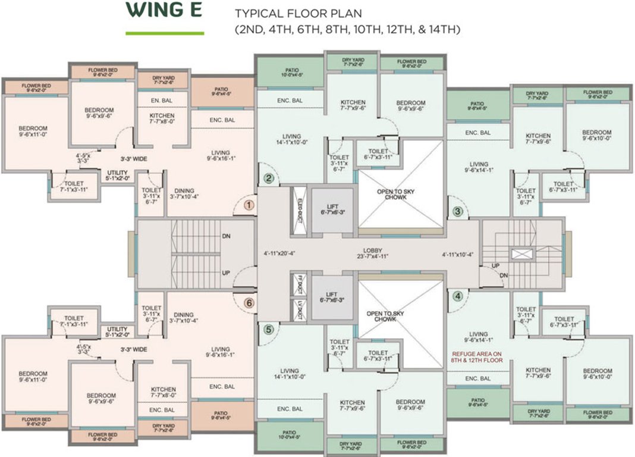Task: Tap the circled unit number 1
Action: point(249,205)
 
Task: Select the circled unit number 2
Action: point(268,178)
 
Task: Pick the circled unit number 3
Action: point(457,211)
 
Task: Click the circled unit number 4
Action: point(458,296)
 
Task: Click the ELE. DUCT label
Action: point(300,206)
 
